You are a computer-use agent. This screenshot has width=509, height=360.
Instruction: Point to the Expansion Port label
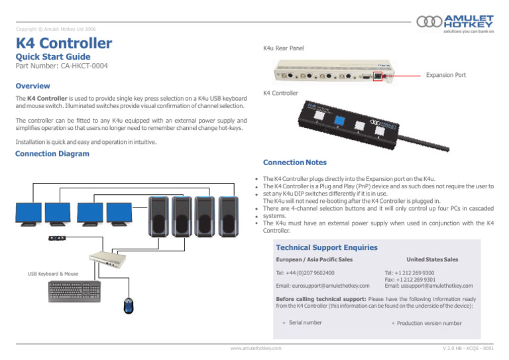click(x=445, y=75)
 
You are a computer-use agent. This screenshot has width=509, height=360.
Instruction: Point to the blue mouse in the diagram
click(x=128, y=306)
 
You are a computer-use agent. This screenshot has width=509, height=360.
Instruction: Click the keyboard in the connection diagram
click(x=75, y=291)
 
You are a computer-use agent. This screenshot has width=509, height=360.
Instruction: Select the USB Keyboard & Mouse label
click(x=53, y=273)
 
